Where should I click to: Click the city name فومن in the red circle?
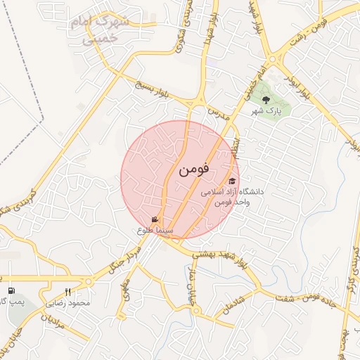[x=194, y=169]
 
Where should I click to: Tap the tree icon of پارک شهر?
[x=265, y=99]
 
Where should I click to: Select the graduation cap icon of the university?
[x=231, y=181]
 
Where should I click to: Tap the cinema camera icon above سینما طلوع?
[x=155, y=219]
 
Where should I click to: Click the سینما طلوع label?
[x=152, y=230]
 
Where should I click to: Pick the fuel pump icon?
[x=11, y=291]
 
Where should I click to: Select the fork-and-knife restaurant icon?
[x=68, y=292]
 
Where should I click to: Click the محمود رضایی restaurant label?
[x=68, y=303]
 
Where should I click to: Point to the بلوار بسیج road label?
[x=152, y=91]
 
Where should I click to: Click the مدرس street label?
[x=219, y=111]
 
